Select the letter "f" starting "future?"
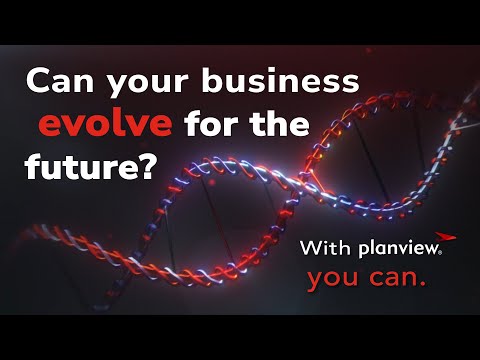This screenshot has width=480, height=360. pos(33,165)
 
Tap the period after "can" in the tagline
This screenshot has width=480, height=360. pos(423,286)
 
